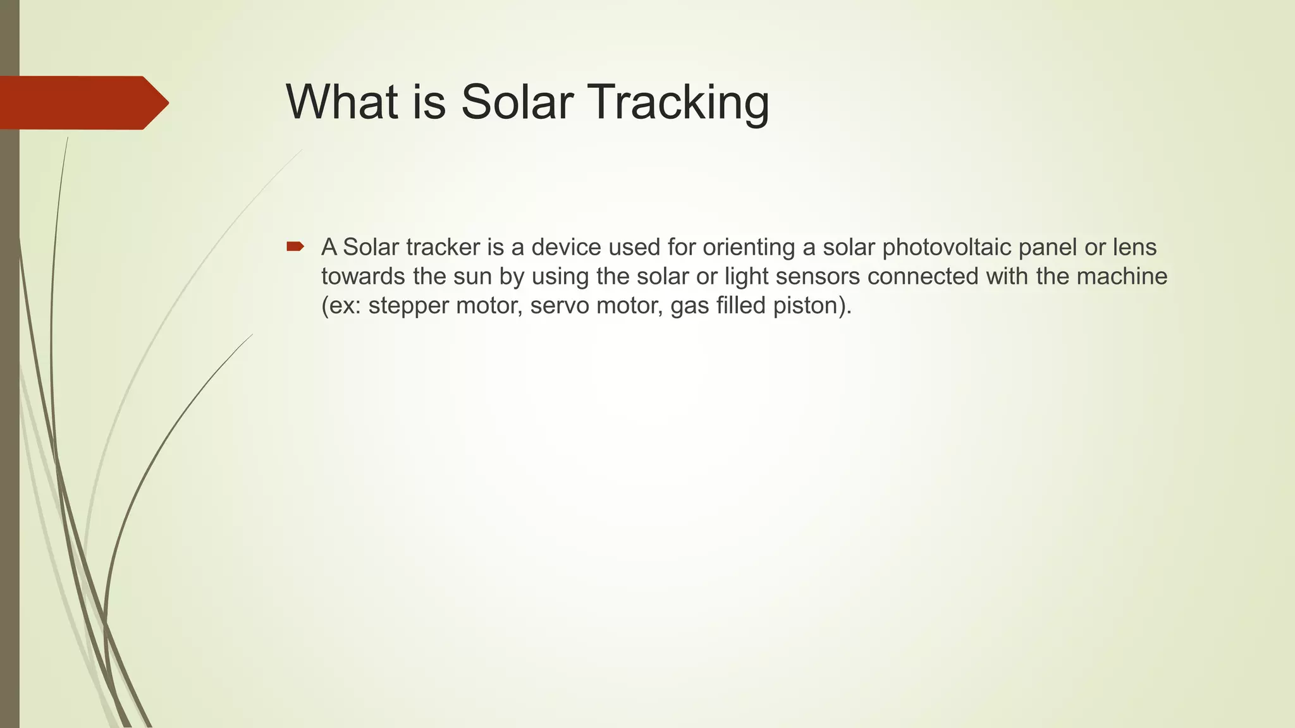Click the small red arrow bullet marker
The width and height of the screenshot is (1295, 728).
(x=295, y=246)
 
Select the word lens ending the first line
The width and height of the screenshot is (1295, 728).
(x=1134, y=247)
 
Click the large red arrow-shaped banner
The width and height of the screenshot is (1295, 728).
(x=82, y=102)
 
